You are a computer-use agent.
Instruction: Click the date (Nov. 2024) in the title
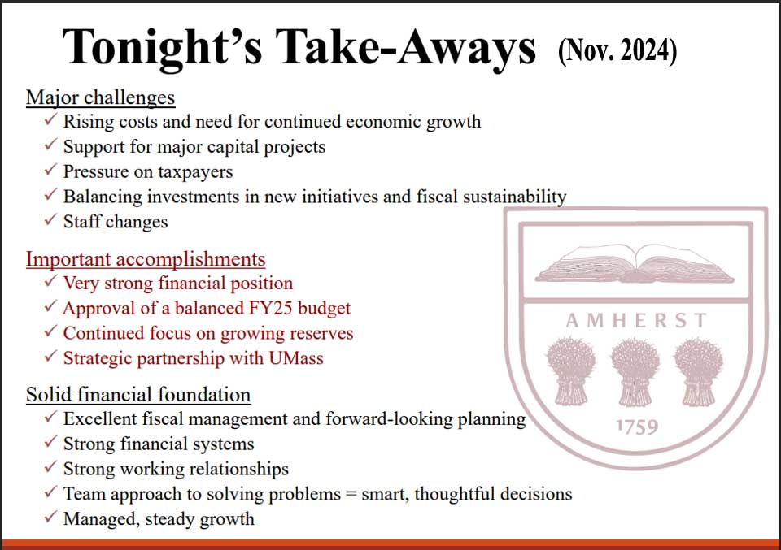[x=617, y=50]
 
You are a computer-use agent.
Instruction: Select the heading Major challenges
[x=101, y=97]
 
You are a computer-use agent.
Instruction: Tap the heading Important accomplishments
[x=146, y=259]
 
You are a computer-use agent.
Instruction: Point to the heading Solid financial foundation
[x=138, y=395]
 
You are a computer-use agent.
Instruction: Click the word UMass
[x=296, y=358]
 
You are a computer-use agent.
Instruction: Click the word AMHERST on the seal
[x=636, y=321]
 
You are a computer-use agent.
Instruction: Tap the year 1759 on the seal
[x=637, y=427]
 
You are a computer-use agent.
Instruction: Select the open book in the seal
[x=635, y=264]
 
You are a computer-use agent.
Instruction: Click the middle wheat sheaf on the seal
[x=635, y=372]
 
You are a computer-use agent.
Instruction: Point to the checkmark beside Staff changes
[x=50, y=219]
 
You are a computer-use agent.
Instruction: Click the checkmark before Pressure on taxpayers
[x=50, y=170]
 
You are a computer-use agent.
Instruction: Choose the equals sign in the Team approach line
[x=351, y=494]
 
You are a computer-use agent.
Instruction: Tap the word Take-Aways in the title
[x=405, y=48]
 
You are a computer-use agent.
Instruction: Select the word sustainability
[x=514, y=197]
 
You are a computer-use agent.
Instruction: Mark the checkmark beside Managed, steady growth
[x=50, y=517]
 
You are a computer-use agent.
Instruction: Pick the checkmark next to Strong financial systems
[x=50, y=442]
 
